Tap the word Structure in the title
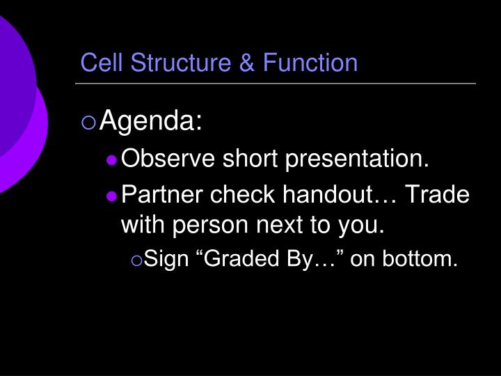click(170, 63)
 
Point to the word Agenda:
click(151, 123)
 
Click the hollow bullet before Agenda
click(88, 124)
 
